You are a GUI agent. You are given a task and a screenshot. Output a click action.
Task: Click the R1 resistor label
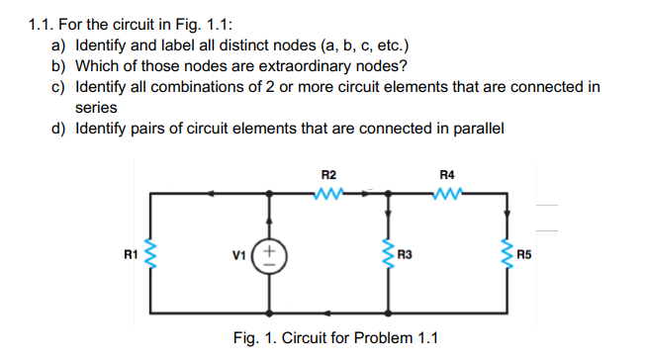point(129,255)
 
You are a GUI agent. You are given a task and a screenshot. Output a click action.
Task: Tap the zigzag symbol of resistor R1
point(149,257)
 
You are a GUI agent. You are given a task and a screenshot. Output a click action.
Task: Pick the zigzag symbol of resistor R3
point(387,257)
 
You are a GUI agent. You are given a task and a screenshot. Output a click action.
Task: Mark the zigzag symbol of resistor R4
point(446,193)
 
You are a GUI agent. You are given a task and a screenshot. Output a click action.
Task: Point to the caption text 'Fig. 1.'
point(255,337)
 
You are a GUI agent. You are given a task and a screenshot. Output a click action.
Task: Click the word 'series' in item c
point(96,107)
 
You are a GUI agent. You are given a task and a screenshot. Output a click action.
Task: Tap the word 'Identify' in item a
point(102,46)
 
